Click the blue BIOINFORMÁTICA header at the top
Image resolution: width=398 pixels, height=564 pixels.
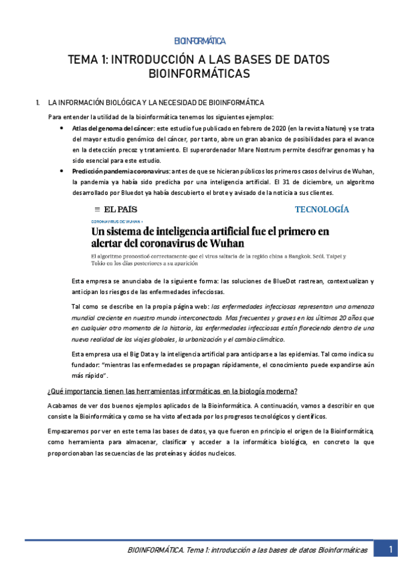[x=199, y=41]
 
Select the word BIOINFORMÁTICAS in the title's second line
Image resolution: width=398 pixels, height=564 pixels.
[x=199, y=73]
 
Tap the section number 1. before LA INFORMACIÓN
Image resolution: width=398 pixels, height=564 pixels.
[x=37, y=102]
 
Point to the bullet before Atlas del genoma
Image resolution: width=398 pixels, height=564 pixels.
[x=61, y=127]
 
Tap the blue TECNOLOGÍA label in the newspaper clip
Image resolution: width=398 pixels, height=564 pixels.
[x=322, y=210]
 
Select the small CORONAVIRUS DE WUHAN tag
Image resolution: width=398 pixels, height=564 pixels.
[x=116, y=221]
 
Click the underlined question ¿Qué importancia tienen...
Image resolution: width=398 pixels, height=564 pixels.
[x=173, y=390]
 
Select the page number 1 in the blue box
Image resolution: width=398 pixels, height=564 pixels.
[x=385, y=549]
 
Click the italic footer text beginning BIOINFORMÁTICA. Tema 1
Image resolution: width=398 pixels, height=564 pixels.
[x=247, y=550]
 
